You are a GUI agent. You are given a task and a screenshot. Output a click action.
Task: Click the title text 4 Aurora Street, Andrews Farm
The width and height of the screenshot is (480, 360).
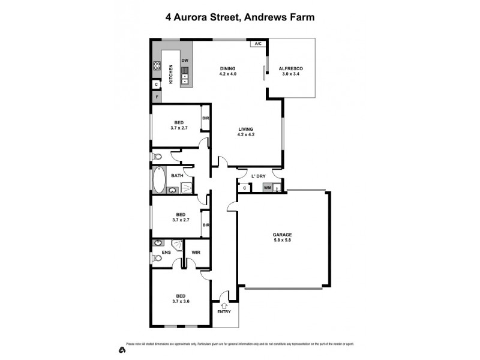[x=240, y=17]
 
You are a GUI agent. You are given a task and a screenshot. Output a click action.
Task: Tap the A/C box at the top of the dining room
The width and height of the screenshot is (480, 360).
[x=259, y=44]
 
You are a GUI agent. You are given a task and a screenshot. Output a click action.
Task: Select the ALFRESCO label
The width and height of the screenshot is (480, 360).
[x=291, y=69]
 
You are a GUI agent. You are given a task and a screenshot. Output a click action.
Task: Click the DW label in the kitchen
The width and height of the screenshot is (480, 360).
[x=185, y=61]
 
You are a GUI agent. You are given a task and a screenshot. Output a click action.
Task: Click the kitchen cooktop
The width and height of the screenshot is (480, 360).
[x=157, y=67]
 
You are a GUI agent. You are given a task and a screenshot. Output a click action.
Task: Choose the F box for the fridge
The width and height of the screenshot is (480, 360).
[x=157, y=97]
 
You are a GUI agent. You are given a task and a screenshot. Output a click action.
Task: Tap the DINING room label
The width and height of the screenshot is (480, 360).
[x=228, y=68]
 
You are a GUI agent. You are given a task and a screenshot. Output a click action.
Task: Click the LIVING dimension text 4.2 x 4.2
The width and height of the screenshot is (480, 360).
[x=246, y=135]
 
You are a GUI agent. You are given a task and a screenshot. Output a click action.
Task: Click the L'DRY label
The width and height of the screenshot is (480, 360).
[x=258, y=176]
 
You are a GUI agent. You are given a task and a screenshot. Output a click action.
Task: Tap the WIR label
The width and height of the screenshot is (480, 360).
[x=196, y=253]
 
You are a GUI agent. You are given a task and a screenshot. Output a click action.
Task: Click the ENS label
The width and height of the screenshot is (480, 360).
[x=167, y=253]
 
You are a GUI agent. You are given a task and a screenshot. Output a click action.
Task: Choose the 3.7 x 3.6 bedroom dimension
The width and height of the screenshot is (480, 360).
[x=181, y=302]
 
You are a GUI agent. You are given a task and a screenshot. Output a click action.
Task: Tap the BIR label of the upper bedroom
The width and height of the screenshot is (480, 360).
[x=205, y=118]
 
